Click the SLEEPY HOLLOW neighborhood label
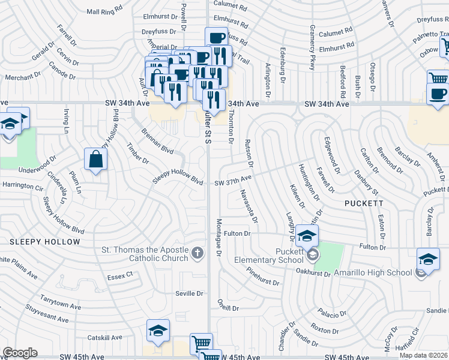44,242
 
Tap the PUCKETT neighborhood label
364,203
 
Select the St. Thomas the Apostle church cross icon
197,253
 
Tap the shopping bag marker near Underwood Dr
95,160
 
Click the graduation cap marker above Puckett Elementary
307,236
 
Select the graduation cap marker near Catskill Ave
158,331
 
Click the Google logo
20,353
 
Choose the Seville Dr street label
190,293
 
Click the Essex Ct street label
120,275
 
